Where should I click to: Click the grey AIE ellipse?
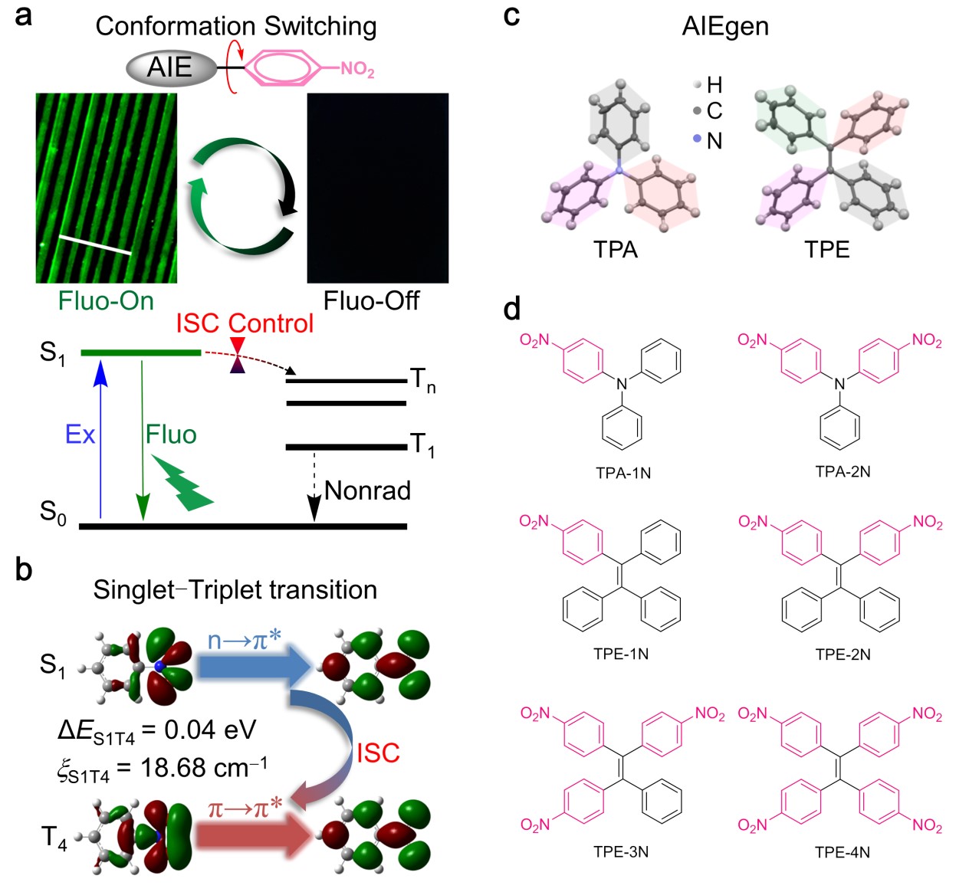point(171,68)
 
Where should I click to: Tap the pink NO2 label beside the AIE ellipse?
point(357,69)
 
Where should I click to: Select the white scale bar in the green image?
point(95,244)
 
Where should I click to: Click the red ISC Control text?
point(245,323)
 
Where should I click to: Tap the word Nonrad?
point(367,490)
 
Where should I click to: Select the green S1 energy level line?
point(140,353)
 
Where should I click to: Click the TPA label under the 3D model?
point(616,249)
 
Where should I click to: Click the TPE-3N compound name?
point(621,851)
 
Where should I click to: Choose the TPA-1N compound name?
point(623,473)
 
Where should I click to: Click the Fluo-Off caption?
point(371,300)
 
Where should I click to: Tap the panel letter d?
point(512,309)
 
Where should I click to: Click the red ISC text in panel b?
point(378,753)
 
